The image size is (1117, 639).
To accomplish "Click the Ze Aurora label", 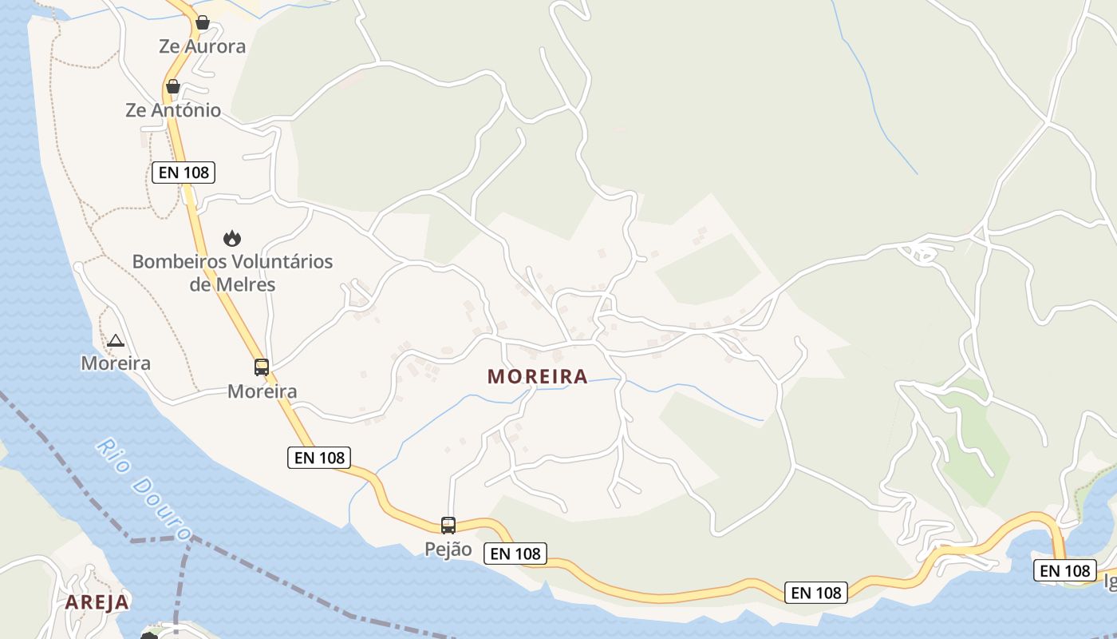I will [202, 46].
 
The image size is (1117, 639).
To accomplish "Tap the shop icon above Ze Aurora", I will [203, 22].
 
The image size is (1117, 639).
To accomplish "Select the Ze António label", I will [173, 110].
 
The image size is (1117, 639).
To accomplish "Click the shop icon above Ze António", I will [172, 86].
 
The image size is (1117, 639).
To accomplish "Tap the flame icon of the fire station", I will [232, 238].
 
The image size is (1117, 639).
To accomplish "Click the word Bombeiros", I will [179, 261].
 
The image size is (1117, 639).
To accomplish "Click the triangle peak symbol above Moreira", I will [116, 341].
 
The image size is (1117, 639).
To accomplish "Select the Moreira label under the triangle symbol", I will [116, 363].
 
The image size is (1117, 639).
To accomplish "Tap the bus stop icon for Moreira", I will [262, 367].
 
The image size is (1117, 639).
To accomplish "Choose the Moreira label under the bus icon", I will [262, 391].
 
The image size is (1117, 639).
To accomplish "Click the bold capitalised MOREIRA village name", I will [537, 376].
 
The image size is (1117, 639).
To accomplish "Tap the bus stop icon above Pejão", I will [448, 526].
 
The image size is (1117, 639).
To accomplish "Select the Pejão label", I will [448, 550].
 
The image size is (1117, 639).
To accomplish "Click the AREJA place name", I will [97, 602].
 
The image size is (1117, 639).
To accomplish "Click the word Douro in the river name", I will [164, 508].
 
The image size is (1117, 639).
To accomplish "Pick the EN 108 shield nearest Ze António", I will [184, 172].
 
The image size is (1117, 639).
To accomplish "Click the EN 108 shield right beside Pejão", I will [515, 554].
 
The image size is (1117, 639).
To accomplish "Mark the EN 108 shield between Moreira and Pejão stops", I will [319, 457].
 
